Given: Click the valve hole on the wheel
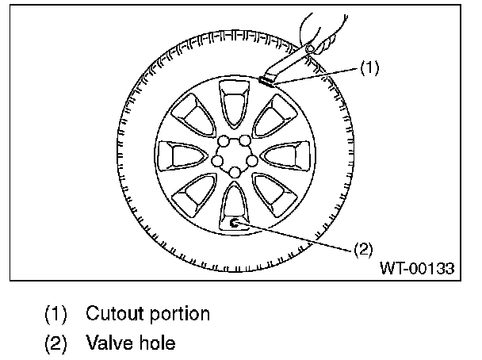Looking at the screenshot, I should click(x=235, y=224).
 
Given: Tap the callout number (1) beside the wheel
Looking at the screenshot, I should click(x=370, y=68).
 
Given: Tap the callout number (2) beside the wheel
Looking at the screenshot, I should click(x=361, y=249).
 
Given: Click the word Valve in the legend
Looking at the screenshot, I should click(x=108, y=343).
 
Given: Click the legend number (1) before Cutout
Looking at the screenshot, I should click(x=55, y=313).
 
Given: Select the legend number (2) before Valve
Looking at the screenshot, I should click(x=55, y=343).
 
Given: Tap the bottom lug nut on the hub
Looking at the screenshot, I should click(x=234, y=172).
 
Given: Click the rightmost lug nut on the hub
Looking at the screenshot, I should click(x=253, y=160).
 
